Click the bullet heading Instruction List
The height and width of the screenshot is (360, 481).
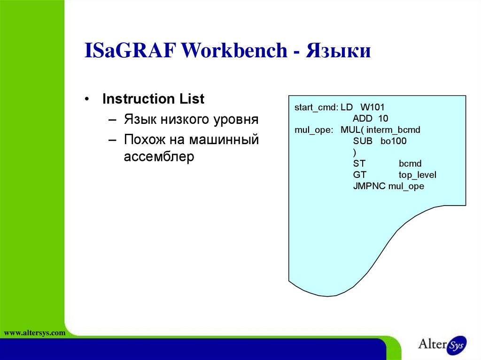(x=153, y=100)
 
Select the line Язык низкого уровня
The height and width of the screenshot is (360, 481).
(x=191, y=119)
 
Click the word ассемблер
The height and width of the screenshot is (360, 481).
(x=159, y=157)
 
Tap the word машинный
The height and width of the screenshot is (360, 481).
(x=224, y=139)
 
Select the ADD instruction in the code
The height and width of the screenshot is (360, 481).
(x=363, y=119)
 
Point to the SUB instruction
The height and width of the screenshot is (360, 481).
(x=363, y=141)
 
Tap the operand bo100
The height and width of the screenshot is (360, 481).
(x=393, y=141)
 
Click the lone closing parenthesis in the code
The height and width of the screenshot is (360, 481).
(x=355, y=153)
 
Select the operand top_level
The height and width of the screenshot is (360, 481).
(x=418, y=175)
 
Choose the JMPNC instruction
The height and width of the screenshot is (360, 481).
(x=369, y=186)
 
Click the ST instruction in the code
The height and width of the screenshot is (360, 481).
(x=359, y=164)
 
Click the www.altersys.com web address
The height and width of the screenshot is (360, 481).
(x=34, y=333)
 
